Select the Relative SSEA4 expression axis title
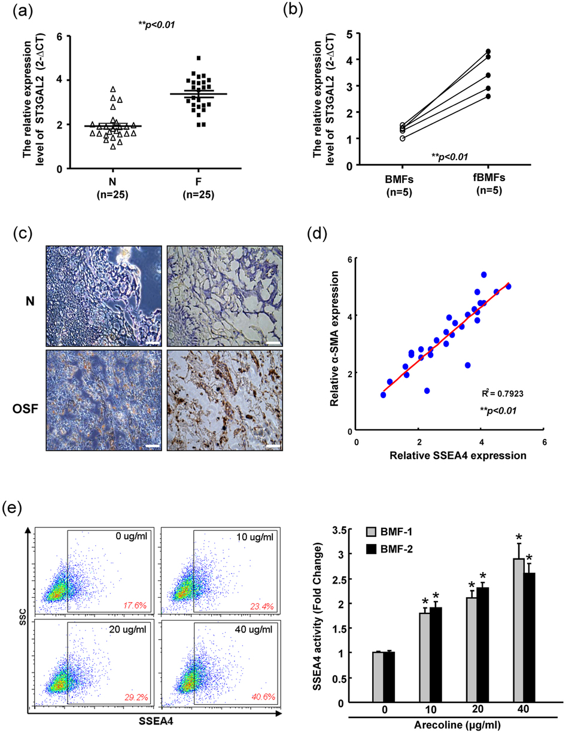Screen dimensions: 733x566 click(449, 456)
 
